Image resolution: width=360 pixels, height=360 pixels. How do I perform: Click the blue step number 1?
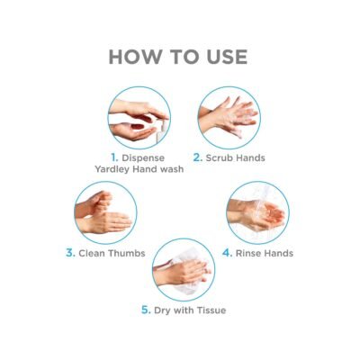(114, 157)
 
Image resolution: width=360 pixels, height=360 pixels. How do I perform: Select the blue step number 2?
(198, 157)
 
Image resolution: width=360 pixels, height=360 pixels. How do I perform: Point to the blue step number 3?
(70, 253)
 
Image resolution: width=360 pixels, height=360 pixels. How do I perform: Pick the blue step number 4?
(227, 253)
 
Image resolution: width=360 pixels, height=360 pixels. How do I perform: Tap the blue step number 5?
(146, 310)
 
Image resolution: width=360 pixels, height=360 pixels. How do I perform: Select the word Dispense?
(143, 158)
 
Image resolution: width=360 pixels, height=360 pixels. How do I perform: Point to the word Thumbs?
(127, 253)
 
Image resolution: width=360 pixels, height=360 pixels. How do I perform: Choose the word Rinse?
(247, 253)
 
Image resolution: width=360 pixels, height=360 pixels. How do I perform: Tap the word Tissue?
(210, 310)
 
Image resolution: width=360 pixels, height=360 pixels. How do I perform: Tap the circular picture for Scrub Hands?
(229, 118)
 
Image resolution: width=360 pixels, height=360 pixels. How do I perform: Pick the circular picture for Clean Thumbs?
(105, 212)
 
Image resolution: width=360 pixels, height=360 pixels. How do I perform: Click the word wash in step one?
(172, 169)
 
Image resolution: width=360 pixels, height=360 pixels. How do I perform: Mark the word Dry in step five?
(162, 310)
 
